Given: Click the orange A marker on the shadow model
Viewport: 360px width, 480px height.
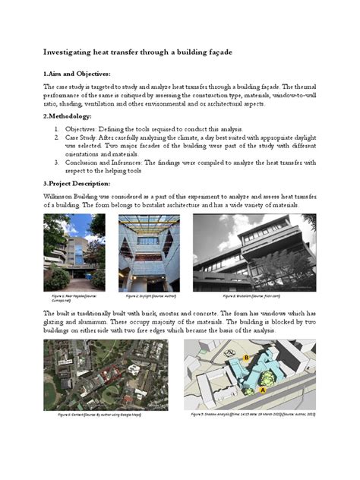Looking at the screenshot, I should tap(263, 389).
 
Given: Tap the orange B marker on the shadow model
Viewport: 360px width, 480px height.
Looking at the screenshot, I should tap(246, 356).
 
